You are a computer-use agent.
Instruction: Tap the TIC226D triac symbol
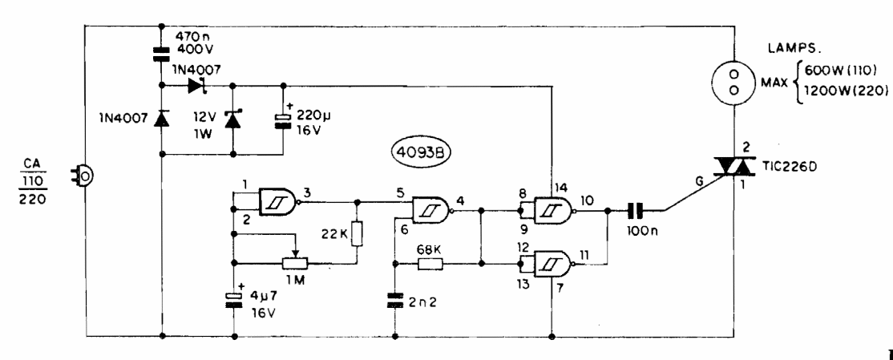click(x=733, y=168)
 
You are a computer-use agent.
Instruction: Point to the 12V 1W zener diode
click(x=232, y=119)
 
